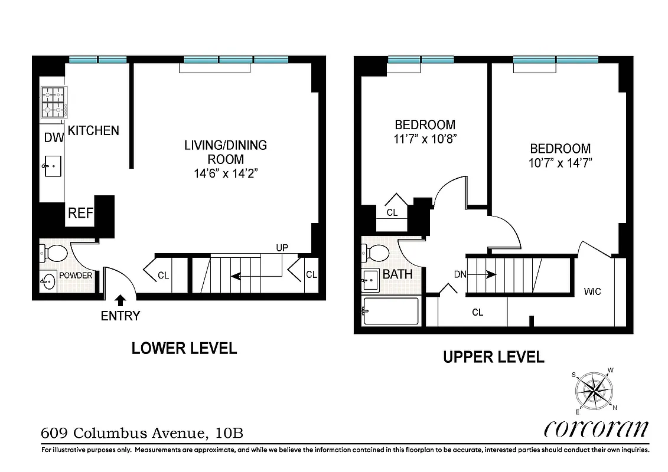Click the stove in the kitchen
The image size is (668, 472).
pos(53,103)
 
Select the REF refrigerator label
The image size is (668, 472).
pos(80,213)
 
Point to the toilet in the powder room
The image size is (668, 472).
pos(54,254)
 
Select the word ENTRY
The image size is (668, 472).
pos(120,316)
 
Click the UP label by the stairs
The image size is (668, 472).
pos(282,248)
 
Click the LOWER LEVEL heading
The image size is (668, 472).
pos(184,348)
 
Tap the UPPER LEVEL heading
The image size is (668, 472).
pos(494,356)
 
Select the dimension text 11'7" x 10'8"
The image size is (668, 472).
pos(425,139)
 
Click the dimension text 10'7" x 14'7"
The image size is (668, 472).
pos(560,163)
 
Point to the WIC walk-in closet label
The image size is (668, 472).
pos(592,291)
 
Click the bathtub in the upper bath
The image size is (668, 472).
pos(390,312)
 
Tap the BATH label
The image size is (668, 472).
pos(397,274)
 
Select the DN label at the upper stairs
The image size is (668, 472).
pos(461,274)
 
